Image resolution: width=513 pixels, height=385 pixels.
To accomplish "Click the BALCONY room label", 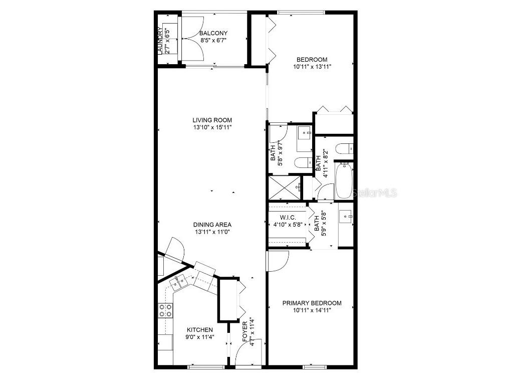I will [x=214, y=34].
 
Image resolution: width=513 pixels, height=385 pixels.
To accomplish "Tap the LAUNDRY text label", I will [x=160, y=41].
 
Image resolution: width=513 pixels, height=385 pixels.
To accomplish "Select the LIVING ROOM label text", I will [x=212, y=120].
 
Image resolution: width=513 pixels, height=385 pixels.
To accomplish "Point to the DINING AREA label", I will [x=212, y=225].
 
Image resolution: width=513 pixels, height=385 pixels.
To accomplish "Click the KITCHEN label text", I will [x=200, y=330].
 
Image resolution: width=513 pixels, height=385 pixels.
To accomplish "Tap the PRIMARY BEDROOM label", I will [x=312, y=303].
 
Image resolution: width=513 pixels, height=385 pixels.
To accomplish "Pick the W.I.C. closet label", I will [x=288, y=218].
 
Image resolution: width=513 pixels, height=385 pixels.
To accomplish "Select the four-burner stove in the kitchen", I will [x=166, y=311].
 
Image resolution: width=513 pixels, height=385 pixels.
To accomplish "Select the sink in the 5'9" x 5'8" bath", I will [x=346, y=217].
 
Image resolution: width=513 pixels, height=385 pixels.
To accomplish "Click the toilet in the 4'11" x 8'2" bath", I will [x=345, y=148].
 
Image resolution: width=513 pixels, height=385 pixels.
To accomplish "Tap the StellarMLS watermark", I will [x=375, y=192].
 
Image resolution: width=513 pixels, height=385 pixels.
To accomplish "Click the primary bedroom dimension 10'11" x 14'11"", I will [x=312, y=310].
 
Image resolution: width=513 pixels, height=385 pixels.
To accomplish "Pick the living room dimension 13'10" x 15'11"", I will [x=212, y=127].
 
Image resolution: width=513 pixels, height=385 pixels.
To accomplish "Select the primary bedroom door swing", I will [x=278, y=261].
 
